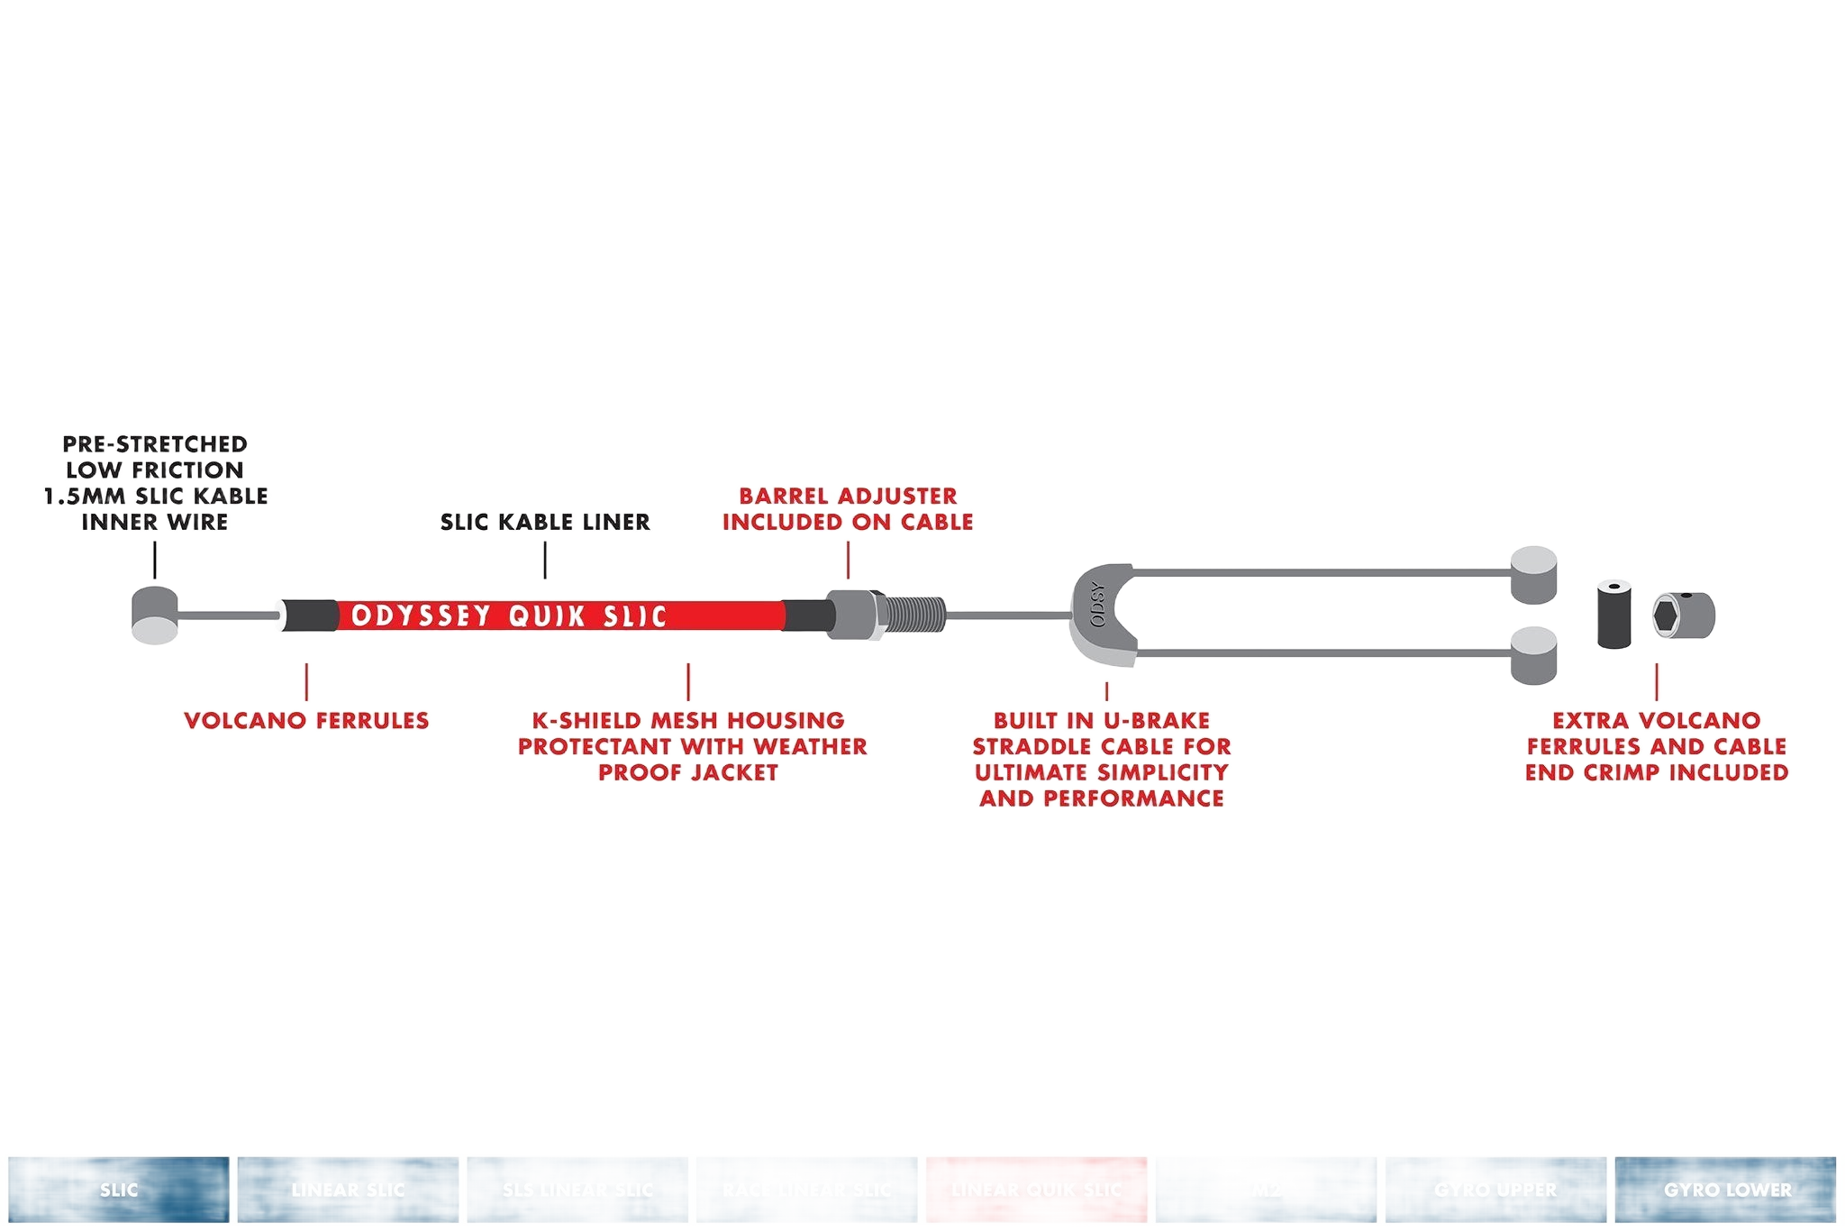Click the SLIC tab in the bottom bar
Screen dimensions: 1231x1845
tap(119, 1190)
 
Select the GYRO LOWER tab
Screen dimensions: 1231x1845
tap(1726, 1190)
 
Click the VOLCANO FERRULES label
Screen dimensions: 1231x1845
tap(306, 721)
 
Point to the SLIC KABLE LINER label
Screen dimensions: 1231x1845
tap(545, 522)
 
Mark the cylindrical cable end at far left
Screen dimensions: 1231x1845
tap(155, 615)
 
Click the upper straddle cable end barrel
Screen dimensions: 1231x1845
tap(1533, 574)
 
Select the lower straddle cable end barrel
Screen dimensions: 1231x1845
tap(1533, 655)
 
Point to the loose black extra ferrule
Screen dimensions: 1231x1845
tap(1616, 615)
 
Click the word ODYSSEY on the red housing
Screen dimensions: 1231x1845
tap(422, 616)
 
